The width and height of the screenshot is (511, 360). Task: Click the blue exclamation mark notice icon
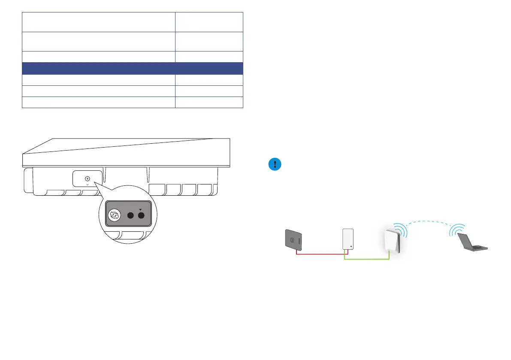pyautogui.click(x=275, y=165)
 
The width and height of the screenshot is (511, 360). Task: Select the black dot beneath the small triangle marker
pyautogui.click(x=140, y=215)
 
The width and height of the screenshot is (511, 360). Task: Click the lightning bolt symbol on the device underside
pyautogui.click(x=88, y=178)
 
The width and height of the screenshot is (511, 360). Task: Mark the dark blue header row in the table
pyautogui.click(x=133, y=68)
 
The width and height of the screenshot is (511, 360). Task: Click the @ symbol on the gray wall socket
pyautogui.click(x=292, y=241)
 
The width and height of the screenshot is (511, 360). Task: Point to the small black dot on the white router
pyautogui.click(x=351, y=247)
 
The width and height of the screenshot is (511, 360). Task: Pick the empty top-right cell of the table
pyautogui.click(x=209, y=21)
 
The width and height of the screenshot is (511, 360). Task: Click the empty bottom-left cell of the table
pyautogui.click(x=99, y=102)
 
